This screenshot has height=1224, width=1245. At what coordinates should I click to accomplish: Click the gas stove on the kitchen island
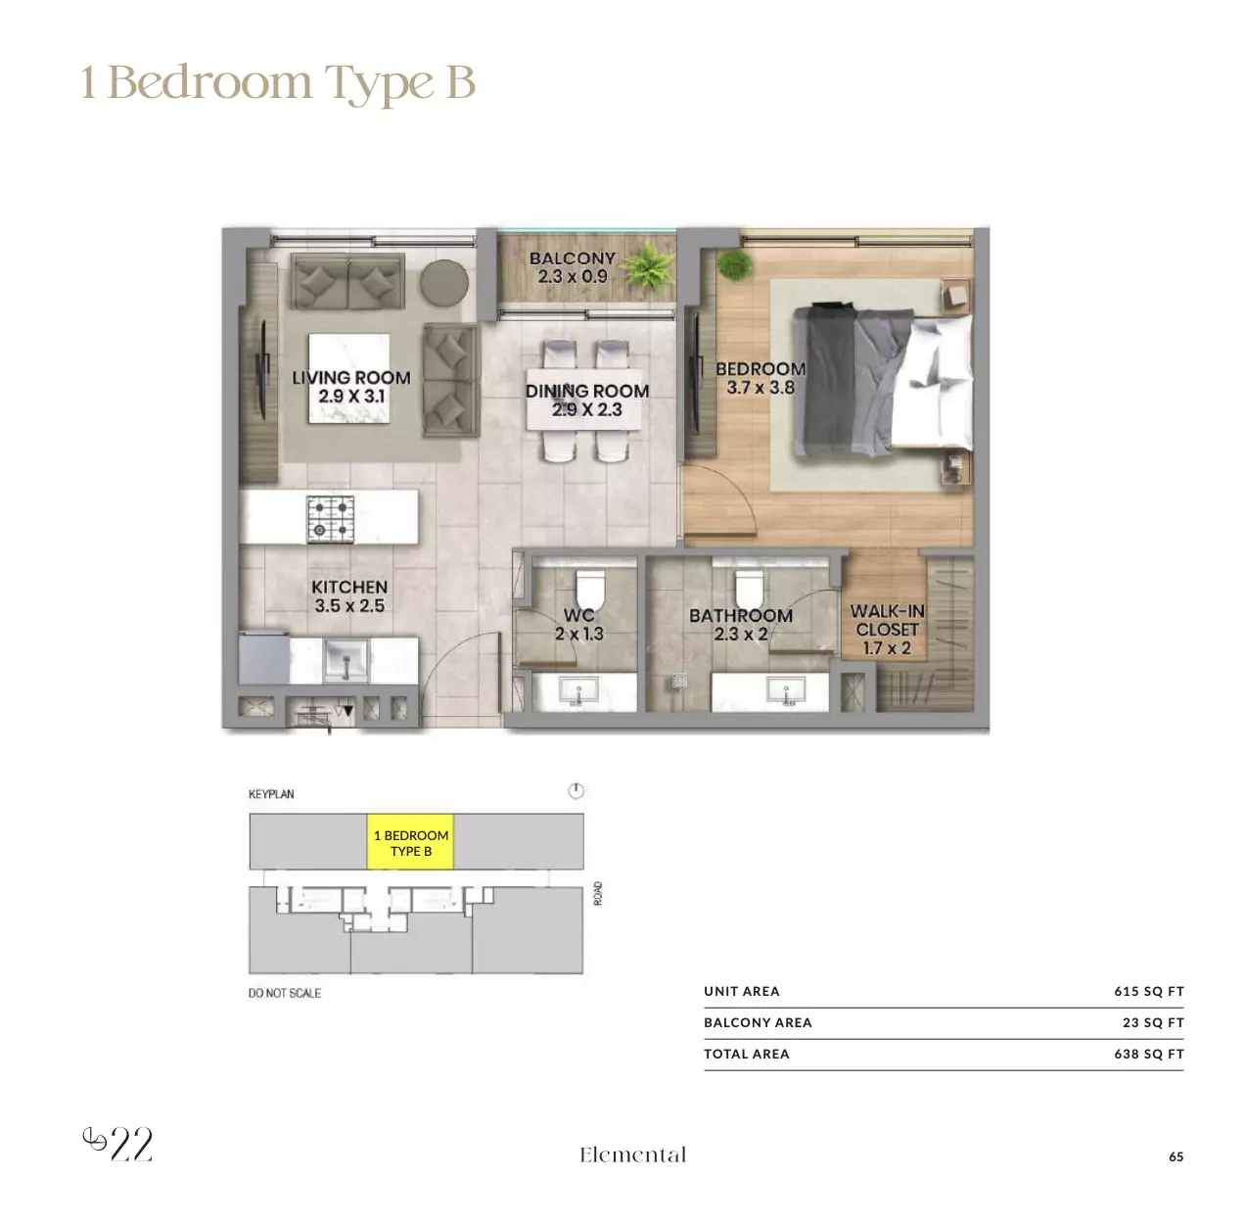click(x=330, y=519)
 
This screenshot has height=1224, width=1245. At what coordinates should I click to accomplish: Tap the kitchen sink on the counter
click(x=346, y=660)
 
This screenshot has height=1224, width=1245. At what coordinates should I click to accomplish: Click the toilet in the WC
click(x=589, y=589)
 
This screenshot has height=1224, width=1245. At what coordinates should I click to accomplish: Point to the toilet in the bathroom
click(x=749, y=589)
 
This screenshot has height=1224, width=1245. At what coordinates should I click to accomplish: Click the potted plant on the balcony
click(x=648, y=266)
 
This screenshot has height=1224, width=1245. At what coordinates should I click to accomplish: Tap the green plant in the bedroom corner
click(x=735, y=265)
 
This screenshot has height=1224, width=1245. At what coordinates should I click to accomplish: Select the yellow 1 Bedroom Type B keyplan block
click(x=410, y=841)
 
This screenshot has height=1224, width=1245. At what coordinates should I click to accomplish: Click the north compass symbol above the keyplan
click(x=576, y=790)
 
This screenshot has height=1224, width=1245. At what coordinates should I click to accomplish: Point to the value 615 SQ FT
click(x=1149, y=991)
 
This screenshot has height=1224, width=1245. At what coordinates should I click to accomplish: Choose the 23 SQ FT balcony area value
click(x=1153, y=1022)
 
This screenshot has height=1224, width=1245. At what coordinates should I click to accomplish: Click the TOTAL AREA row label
click(x=746, y=1054)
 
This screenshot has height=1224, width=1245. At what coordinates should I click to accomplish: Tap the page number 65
click(x=1176, y=1156)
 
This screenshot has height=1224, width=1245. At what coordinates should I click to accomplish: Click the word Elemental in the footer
click(x=632, y=1154)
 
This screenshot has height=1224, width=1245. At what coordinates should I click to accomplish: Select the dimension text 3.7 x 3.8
click(x=761, y=388)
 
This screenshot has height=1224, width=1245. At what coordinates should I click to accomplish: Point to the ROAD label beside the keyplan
click(x=598, y=893)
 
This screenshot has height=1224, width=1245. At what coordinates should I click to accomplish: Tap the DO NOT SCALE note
click(x=285, y=993)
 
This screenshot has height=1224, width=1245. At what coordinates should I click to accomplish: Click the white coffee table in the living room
click(x=348, y=378)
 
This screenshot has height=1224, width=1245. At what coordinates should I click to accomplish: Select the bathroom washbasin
click(x=786, y=690)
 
